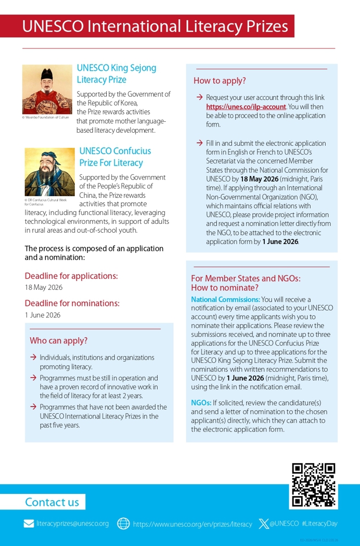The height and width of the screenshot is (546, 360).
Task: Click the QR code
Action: click(313, 485)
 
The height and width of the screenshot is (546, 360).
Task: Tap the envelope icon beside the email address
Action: click(29, 524)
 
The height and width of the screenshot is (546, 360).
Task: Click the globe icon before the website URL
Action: click(123, 524)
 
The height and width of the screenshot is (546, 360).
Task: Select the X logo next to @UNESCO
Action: click(264, 524)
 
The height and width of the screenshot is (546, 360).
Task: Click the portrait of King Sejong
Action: click(47, 89)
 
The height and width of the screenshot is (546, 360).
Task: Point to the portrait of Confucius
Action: click(49, 172)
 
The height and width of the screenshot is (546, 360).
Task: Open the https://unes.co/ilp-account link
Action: click(246, 107)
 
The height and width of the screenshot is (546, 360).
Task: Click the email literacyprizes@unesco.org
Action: click(73, 524)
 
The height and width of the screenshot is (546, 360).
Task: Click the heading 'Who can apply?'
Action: click(58, 341)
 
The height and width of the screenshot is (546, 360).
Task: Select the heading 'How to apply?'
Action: click(220, 81)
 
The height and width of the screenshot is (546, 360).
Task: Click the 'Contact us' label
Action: click(52, 502)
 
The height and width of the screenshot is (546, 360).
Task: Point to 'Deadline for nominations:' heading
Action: click(72, 303)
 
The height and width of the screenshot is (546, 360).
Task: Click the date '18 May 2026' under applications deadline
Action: click(44, 287)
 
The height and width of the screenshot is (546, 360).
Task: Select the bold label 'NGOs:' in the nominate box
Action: click(201, 403)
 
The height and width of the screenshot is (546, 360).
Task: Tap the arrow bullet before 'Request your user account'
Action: click(199, 97)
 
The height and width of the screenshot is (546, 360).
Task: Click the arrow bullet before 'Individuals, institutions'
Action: click(33, 358)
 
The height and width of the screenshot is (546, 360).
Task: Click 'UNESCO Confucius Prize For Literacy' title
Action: click(115, 157)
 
